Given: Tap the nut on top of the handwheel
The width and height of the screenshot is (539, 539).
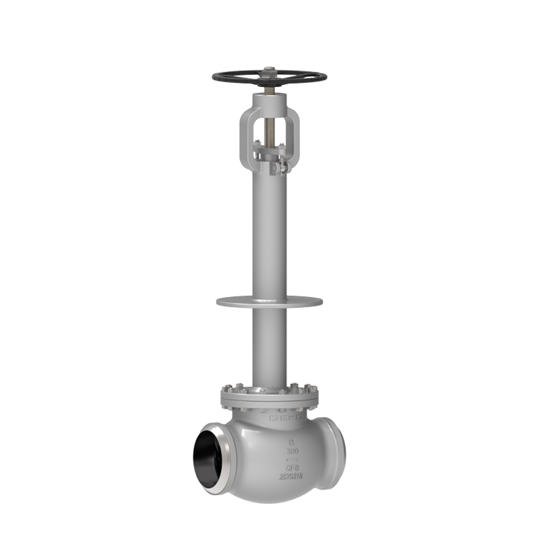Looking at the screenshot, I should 269,69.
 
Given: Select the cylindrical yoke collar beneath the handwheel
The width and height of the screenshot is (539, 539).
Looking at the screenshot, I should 269,101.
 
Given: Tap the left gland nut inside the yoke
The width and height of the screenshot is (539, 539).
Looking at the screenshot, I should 257,143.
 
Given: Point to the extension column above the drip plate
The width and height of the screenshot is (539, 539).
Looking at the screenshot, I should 269,236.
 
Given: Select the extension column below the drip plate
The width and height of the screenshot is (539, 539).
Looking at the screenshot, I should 269,344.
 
